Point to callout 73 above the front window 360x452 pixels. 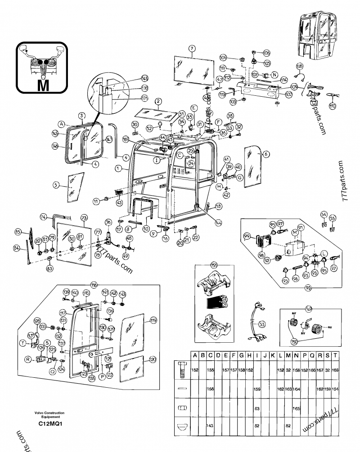coord(84,218)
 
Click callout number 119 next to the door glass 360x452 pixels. coord(153,320)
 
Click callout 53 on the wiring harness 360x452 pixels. coord(262,324)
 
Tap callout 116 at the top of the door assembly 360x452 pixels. coord(94,285)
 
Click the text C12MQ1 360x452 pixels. coord(49,423)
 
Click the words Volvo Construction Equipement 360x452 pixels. coord(49,415)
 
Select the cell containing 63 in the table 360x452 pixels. coord(257,408)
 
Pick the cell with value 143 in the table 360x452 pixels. coord(210,425)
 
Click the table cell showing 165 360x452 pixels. coord(297,408)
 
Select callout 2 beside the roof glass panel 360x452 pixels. coord(158,101)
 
